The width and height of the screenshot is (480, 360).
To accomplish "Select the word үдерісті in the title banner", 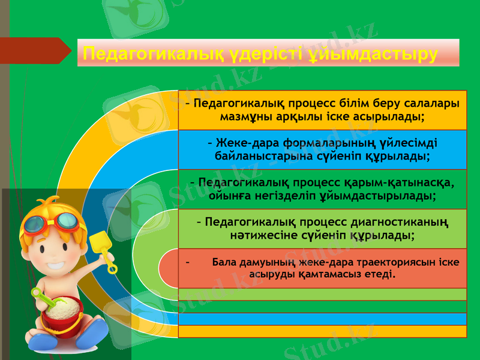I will (x=262, y=54).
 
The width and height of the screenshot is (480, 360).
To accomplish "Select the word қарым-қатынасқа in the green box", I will (x=397, y=182).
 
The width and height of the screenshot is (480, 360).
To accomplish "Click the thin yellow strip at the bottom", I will (x=322, y=331).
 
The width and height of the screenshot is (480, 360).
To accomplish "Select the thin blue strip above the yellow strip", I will (x=322, y=319).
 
